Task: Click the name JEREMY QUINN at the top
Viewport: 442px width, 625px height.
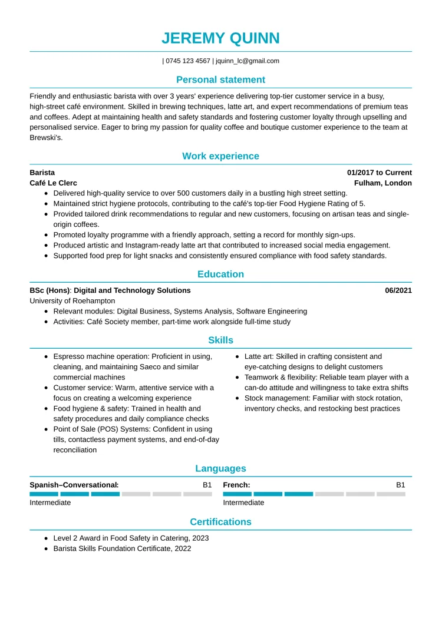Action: coord(220,38)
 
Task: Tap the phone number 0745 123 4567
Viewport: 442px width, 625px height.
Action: coord(188,61)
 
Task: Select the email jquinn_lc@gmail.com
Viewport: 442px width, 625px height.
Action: coord(248,61)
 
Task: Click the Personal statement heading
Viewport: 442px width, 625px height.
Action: coord(220,80)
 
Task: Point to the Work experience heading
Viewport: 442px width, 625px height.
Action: coord(220,156)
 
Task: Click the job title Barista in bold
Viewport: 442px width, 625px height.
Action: coord(42,173)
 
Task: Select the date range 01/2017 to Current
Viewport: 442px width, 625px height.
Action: coord(379,173)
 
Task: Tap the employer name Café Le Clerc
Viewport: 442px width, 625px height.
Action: coord(53,183)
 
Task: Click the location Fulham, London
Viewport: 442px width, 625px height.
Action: coord(387,183)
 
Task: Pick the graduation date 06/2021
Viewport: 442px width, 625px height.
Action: coord(398,290)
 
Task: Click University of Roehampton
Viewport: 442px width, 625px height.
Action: coord(72,301)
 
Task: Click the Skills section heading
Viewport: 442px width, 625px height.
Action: coord(220,340)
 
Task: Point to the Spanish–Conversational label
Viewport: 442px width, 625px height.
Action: coord(74,485)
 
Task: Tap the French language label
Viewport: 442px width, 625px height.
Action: coord(236,485)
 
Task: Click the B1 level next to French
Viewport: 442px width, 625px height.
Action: coord(400,485)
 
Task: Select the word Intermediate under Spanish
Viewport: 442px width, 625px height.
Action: coord(51,502)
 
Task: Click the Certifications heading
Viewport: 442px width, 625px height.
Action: coord(220,522)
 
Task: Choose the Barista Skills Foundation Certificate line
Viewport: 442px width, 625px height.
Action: coord(122,548)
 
